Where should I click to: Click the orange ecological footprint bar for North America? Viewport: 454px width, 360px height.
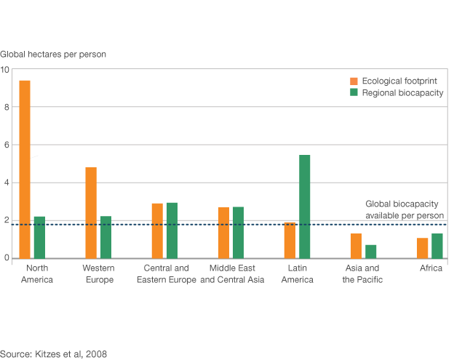click(25, 169)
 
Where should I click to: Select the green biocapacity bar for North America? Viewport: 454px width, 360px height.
click(39, 237)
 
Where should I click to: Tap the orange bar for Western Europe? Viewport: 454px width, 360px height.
click(91, 212)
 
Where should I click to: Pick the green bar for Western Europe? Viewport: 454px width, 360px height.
click(105, 237)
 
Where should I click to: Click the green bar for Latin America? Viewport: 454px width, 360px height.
click(304, 207)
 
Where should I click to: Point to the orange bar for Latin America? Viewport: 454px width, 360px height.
click(290, 240)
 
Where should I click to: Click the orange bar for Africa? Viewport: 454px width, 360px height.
click(422, 248)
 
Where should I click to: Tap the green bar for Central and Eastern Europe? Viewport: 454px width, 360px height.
click(172, 231)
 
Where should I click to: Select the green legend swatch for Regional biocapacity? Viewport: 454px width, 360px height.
click(354, 93)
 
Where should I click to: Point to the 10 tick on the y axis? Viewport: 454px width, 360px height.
click(5, 70)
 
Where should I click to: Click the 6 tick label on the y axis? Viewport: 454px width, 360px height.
click(5, 145)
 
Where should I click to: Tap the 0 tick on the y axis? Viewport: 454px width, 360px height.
click(5, 258)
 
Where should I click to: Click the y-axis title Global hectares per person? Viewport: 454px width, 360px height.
click(53, 54)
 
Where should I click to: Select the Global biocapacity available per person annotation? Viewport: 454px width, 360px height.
click(404, 210)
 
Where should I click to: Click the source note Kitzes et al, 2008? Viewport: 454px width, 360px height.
click(54, 354)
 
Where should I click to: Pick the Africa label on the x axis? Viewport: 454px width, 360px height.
click(431, 268)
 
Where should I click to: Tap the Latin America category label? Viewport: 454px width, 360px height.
click(297, 274)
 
